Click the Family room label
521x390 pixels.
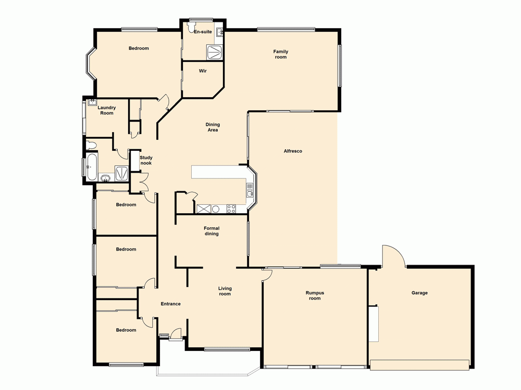[x=281, y=54]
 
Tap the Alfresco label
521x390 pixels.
[x=293, y=151]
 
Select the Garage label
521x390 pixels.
[x=419, y=293]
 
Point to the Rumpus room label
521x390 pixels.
[x=315, y=295]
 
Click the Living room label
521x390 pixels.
[x=225, y=291]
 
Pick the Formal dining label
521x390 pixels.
[x=212, y=231]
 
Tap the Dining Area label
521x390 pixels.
[x=213, y=127]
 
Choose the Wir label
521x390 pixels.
[x=203, y=71]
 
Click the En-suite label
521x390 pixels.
[x=203, y=32]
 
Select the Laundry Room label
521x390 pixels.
[x=107, y=110]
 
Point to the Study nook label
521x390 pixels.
[x=146, y=160]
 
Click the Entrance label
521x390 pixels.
[x=170, y=304]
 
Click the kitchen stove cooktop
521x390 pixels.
[x=231, y=209]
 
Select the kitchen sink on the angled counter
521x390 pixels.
[x=251, y=193]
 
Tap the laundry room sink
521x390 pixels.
[x=93, y=102]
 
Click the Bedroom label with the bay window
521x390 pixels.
[x=139, y=48]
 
